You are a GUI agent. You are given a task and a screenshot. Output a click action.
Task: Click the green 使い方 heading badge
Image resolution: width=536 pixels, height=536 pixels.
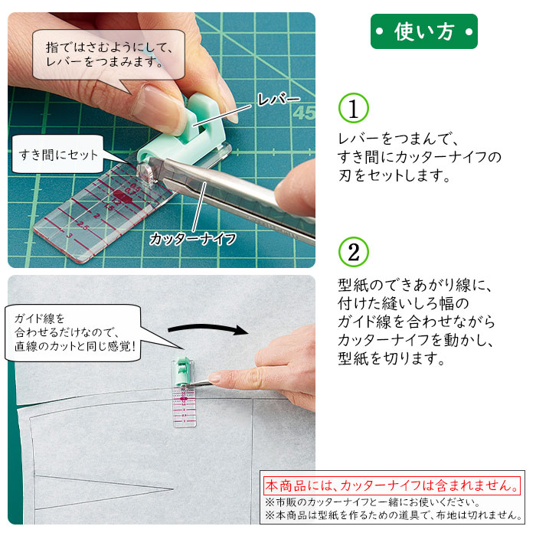click(424, 31)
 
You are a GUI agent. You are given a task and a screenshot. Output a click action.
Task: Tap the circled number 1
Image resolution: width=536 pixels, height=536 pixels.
click(354, 108)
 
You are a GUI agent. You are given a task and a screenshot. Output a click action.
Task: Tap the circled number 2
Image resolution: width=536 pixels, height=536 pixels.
click(354, 252)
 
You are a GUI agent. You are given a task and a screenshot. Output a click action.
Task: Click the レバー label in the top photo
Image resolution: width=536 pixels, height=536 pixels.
click(278, 100)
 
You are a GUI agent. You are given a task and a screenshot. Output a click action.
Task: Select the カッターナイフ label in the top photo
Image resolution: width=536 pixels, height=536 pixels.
click(193, 239)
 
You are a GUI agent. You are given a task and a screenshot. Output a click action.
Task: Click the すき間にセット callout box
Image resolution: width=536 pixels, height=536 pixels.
click(58, 155)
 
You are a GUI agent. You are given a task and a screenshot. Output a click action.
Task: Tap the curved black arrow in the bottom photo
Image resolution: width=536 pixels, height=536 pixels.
click(208, 328)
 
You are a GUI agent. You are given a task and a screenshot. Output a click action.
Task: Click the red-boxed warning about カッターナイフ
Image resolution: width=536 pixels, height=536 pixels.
click(392, 485)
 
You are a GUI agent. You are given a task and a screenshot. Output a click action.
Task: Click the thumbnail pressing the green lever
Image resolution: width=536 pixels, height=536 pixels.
click(161, 108)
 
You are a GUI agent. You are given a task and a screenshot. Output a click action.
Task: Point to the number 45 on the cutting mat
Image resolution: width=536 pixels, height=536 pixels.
click(304, 113)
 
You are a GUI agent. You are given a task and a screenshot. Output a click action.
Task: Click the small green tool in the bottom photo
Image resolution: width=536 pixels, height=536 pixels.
click(182, 371)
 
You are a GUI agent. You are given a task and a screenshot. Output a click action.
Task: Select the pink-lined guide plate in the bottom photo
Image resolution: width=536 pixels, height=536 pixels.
click(185, 407)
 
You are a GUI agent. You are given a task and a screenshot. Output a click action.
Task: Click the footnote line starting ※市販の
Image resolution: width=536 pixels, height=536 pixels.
click(373, 502)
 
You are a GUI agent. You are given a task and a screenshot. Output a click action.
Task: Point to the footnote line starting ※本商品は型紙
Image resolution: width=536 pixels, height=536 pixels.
click(394, 515)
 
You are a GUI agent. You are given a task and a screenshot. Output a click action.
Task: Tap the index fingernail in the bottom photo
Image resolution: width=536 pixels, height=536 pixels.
click(214, 377)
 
